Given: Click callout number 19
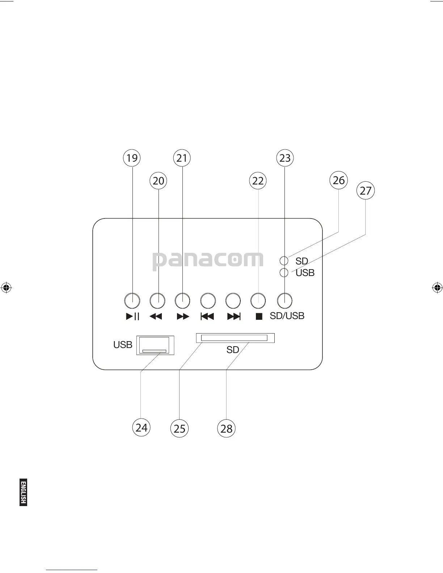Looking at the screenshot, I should coord(132,158).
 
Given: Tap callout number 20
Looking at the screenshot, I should coord(159,181).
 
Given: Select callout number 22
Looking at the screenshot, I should coord(258,181).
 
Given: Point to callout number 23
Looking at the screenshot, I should coord(285,158).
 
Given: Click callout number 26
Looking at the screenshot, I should coord(338,180).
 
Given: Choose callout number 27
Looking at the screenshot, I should coord(366,190).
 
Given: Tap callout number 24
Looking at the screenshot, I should coord(141,428).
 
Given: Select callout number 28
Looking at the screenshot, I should coord(226,429).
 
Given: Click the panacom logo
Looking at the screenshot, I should coord(208,260).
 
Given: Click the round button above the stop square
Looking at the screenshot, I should coord(258,300).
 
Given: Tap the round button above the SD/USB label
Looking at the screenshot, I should coord(285,300).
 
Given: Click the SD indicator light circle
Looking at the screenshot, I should coord(284,260).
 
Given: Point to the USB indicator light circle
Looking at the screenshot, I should coord(284,272).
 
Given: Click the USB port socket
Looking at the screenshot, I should coord(155,345).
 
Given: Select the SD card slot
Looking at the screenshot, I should coord(235,338).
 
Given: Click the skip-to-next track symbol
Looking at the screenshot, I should coord(234,317).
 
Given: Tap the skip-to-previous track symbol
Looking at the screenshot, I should coord(207,317).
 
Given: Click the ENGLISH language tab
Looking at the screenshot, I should coord(24,492).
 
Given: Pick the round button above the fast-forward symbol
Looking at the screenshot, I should coord(182,300).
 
